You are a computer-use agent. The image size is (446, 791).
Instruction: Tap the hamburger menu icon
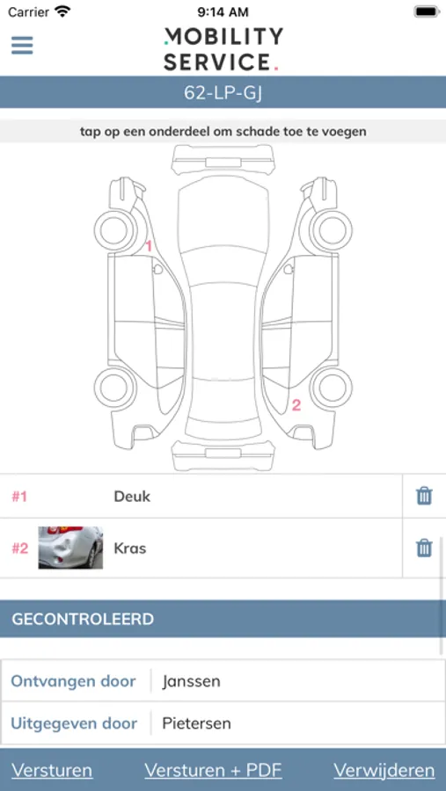22,46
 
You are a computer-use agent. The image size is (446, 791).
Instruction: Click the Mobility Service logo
223,49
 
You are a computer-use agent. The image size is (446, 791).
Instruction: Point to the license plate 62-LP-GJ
223,93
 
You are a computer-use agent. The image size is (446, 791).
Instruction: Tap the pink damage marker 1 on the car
149,247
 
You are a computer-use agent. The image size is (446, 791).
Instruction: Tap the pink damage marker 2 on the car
296,404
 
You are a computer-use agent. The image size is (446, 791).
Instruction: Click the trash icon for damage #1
424,497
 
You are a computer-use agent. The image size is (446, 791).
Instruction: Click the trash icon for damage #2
424,548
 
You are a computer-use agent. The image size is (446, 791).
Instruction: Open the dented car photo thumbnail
70,548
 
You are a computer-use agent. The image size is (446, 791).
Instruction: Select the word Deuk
132,497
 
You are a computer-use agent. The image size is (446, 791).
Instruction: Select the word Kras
130,548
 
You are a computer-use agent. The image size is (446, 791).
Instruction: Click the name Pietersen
196,723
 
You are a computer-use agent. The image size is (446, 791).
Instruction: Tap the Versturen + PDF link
213,770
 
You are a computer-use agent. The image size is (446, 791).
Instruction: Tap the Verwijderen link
384,770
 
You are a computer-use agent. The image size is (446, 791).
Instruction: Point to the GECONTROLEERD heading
83,619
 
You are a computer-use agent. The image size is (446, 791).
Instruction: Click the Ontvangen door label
73,681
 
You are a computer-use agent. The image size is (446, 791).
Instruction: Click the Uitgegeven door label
74,723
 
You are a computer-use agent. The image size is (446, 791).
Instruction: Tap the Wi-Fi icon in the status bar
62,11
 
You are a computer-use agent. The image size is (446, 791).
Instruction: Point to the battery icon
427,11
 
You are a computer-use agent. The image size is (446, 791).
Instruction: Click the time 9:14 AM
223,11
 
